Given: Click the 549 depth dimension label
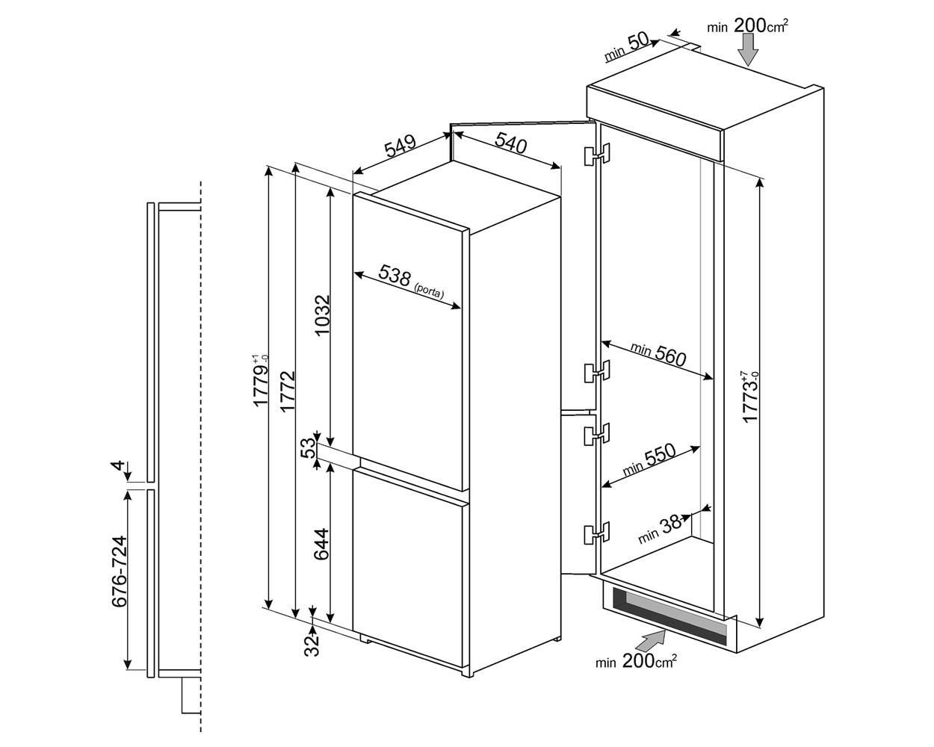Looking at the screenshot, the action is (400, 146).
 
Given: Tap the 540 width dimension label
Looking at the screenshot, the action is (511, 143).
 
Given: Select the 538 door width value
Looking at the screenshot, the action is (394, 276).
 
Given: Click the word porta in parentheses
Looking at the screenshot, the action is (430, 291).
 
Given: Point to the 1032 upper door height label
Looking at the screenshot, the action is (323, 315).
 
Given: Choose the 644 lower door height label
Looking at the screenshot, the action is (321, 545).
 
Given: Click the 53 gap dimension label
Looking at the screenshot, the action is (308, 448).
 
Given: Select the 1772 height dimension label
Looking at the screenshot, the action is (288, 391).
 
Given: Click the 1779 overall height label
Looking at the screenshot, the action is (261, 381).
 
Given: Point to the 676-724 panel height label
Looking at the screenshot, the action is (120, 571).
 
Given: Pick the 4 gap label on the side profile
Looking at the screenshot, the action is (118, 466).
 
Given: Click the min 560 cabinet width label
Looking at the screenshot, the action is (658, 354).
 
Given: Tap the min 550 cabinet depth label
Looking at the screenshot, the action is (649, 460).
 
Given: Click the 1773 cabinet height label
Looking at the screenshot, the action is (750, 396).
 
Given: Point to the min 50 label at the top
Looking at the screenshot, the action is (626, 47).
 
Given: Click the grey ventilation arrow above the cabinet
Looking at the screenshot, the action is (748, 50).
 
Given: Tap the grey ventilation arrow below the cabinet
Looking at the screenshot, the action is (653, 639).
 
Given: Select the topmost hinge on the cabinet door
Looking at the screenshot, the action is (597, 155).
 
